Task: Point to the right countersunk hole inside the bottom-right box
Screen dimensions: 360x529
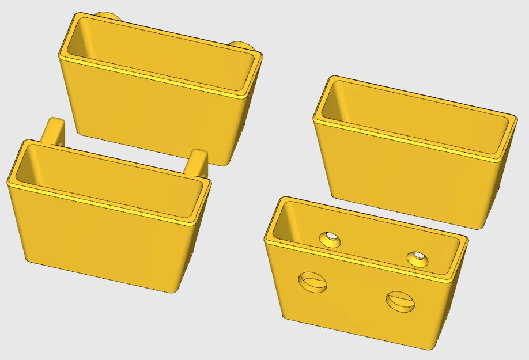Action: click(x=417, y=259)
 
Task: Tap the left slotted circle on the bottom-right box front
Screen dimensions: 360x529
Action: click(x=312, y=282)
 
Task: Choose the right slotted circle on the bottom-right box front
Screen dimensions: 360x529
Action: click(x=400, y=300)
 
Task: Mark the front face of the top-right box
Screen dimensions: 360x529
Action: click(x=403, y=179)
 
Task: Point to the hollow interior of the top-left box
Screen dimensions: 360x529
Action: click(x=161, y=58)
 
